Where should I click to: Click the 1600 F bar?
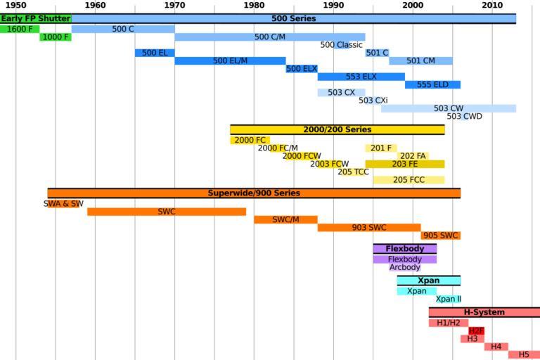20,30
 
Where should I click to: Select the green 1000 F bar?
55,37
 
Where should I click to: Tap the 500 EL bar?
155,53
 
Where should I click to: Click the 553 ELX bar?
361,77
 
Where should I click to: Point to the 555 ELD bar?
432,85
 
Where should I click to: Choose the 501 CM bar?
420,61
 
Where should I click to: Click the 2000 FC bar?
250,141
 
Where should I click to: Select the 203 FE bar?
404,165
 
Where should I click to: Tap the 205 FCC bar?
409,180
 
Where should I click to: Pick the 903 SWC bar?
369,228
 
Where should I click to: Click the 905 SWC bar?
441,236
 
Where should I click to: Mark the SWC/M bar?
285,219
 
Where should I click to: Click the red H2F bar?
476,331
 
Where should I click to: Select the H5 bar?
524,355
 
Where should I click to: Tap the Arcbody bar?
405,267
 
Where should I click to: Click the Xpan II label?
449,299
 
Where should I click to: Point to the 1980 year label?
254,6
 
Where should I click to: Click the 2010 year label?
492,6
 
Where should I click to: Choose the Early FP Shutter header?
35,18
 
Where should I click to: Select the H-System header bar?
484,312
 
